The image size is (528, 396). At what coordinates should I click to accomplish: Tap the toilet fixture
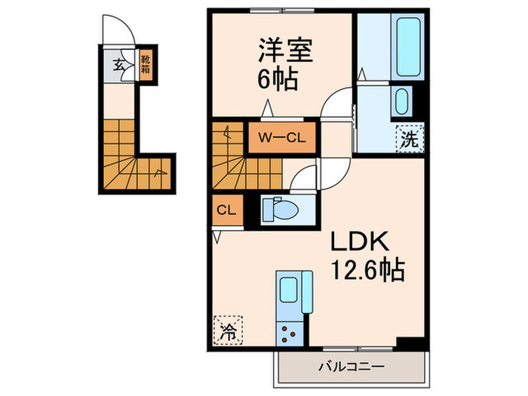coord(281,208)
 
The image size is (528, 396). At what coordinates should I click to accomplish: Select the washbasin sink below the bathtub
coord(403,101)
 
